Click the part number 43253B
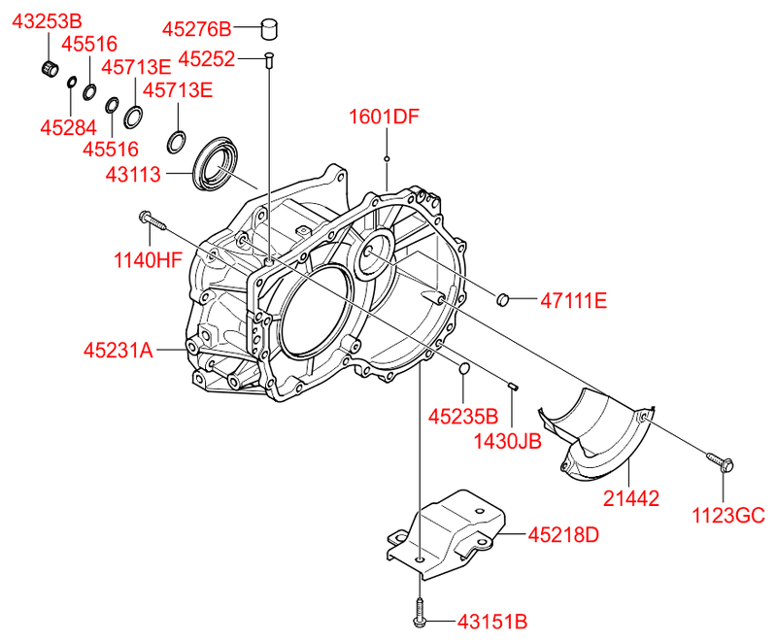tap(47, 20)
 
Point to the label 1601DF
tap(385, 118)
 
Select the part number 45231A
tap(118, 350)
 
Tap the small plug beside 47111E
tap(503, 299)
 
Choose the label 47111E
tap(573, 301)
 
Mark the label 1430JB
tap(507, 442)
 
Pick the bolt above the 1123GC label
tap(720, 460)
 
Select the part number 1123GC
tap(728, 515)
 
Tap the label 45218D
tap(564, 534)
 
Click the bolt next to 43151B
tap(419, 611)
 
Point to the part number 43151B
tap(491, 622)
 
